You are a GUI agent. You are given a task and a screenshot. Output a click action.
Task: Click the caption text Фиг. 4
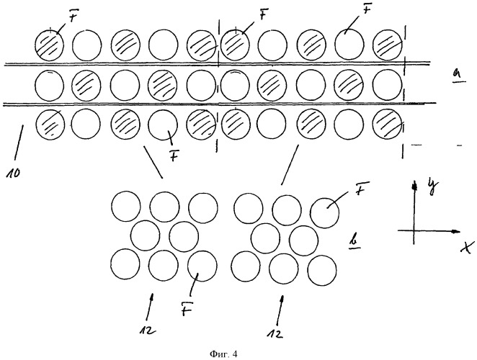[223, 354]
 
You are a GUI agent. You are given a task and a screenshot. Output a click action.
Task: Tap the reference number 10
[13, 174]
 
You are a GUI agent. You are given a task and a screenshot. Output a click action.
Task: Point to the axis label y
[432, 185]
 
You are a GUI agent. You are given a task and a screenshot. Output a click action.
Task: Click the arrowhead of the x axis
[455, 232]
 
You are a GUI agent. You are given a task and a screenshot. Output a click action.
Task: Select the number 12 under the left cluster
[148, 330]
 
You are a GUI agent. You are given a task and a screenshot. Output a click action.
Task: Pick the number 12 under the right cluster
[275, 334]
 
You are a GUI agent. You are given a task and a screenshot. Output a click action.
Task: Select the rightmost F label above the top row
[368, 10]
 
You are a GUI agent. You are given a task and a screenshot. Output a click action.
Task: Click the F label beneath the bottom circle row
[174, 156]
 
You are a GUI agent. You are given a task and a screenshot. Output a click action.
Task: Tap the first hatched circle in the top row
[50, 45]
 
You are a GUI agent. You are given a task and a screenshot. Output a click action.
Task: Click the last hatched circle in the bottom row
[388, 124]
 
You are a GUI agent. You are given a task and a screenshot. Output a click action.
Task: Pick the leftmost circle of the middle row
[50, 85]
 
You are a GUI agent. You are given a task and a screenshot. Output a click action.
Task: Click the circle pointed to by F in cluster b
[325, 213]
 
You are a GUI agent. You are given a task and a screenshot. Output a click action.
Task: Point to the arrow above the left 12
[150, 307]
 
